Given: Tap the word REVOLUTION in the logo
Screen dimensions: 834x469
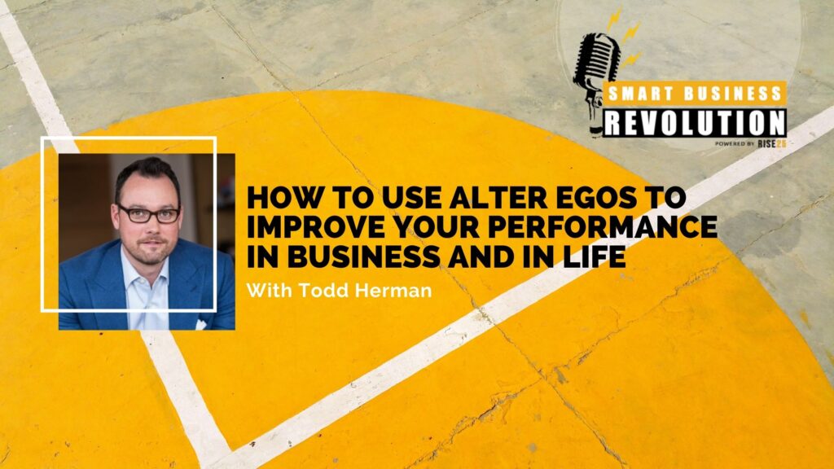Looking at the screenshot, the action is pos(695,123).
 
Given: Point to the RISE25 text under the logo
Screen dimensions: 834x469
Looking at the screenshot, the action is pos(772,143).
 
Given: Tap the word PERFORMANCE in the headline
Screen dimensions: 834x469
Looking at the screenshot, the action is pos(603,228).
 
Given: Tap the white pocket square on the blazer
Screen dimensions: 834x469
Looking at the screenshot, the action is pos(201,324).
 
